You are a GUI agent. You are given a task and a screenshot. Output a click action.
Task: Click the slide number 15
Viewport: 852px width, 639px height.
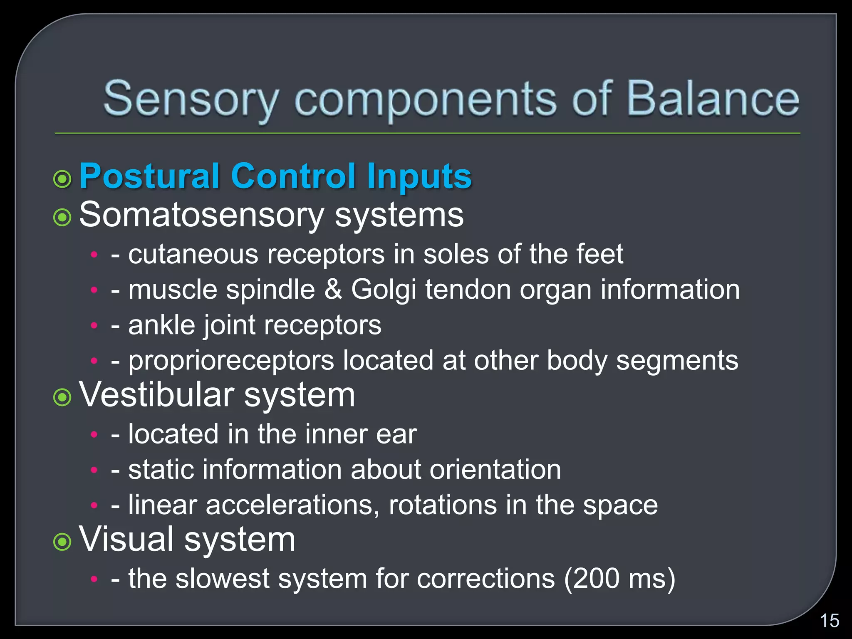pyautogui.click(x=829, y=621)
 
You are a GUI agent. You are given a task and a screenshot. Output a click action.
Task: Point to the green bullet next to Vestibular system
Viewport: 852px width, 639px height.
pyautogui.click(x=62, y=397)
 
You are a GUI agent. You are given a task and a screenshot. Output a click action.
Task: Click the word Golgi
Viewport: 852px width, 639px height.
pyautogui.click(x=384, y=290)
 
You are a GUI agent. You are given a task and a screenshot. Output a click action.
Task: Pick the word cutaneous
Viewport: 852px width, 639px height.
pyautogui.click(x=193, y=254)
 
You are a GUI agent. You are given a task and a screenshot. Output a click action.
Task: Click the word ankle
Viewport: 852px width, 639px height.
pyautogui.click(x=161, y=325)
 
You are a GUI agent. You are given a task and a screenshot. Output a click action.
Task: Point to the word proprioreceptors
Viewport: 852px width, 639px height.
pyautogui.click(x=231, y=360)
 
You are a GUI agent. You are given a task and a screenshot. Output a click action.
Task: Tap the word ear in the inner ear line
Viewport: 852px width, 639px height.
pyautogui.click(x=396, y=434)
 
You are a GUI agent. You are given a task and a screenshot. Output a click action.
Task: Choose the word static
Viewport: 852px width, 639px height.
pyautogui.click(x=161, y=470)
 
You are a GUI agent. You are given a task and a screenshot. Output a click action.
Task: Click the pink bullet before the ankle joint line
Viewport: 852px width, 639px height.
pyautogui.click(x=94, y=325)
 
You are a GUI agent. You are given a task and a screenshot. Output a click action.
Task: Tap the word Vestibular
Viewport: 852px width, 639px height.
pyautogui.click(x=156, y=395)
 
